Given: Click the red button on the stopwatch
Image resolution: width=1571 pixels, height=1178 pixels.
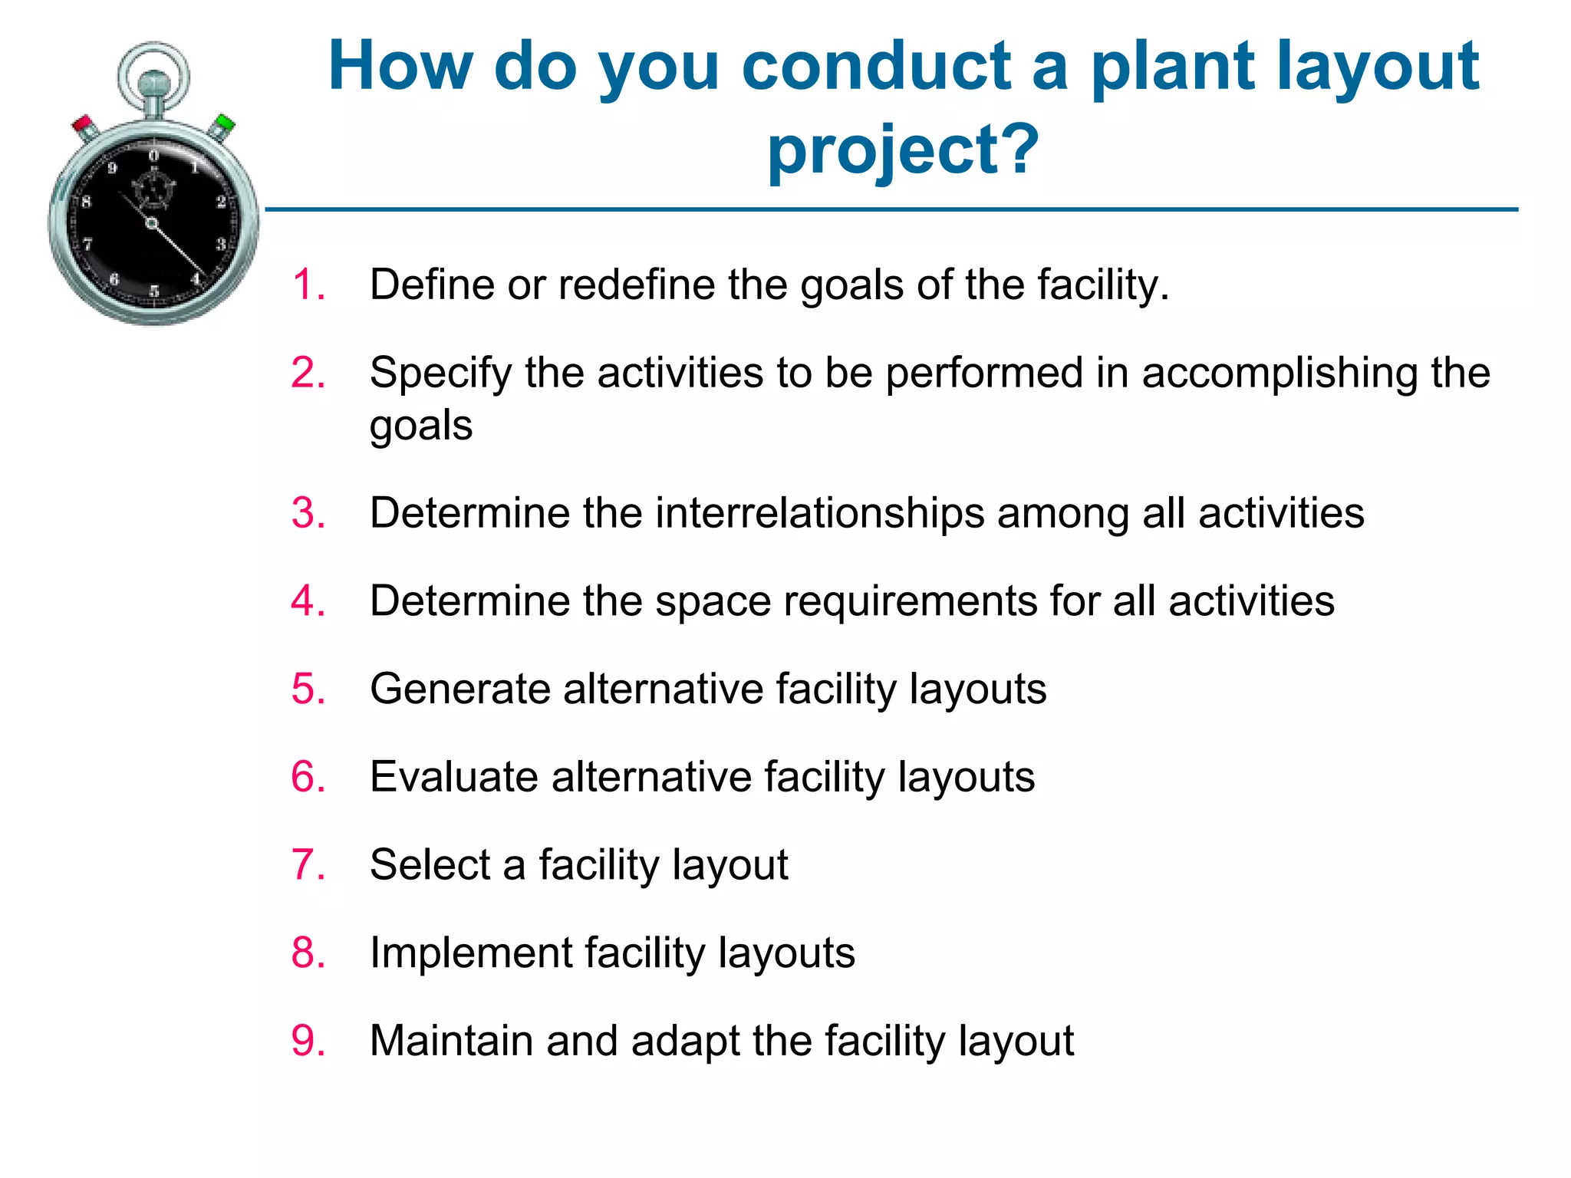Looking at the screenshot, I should (x=83, y=124).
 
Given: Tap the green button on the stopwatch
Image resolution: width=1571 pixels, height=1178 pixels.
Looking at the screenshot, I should (x=224, y=123).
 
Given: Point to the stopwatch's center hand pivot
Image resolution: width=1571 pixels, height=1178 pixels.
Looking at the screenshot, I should (x=151, y=223).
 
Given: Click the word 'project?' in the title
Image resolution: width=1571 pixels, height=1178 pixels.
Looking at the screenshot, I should (x=903, y=149).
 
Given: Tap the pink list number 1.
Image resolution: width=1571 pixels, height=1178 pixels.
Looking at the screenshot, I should (x=308, y=285).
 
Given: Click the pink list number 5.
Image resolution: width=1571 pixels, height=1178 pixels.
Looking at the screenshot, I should (x=308, y=688).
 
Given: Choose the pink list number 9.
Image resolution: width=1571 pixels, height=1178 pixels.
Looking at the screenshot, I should (x=308, y=1041).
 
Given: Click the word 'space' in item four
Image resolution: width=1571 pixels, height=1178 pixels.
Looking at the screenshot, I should (x=712, y=601).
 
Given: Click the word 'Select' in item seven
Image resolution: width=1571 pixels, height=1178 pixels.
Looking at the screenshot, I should (x=430, y=864).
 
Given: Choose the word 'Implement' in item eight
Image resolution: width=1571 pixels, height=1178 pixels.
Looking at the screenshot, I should (x=470, y=953).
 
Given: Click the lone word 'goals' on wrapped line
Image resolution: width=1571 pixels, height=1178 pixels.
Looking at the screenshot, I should (x=420, y=426).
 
